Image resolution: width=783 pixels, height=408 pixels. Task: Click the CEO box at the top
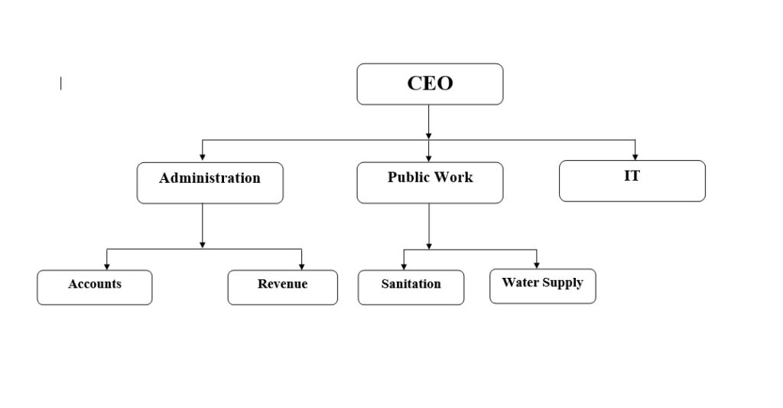430,84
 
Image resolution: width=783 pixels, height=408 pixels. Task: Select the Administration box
210,183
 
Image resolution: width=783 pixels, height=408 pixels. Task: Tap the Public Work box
430,182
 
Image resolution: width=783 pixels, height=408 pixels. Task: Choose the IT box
632,181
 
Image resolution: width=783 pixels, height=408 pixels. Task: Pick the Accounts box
94,288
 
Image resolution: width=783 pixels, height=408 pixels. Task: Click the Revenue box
283,288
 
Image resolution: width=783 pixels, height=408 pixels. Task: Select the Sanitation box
411,288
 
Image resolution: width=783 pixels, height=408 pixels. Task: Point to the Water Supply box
543,286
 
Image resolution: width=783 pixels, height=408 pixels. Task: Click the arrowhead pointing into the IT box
635,157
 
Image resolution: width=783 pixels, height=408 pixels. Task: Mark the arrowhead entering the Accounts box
106,266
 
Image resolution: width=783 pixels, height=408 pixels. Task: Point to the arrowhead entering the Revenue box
301,266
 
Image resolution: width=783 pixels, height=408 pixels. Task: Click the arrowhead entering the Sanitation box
404,266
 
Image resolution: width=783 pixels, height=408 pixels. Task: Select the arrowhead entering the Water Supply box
537,265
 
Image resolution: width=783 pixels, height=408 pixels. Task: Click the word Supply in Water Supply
563,283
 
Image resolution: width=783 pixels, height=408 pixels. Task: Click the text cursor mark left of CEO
61,83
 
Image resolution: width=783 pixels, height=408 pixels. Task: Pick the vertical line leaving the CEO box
428,122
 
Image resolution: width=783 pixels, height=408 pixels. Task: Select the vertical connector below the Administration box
202,226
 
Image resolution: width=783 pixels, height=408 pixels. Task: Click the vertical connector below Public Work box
429,227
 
